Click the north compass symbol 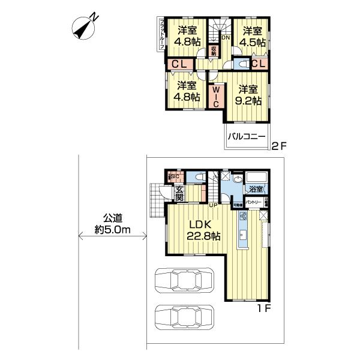point(86,26)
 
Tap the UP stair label point(213,205)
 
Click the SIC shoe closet point(174,176)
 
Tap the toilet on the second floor point(243,64)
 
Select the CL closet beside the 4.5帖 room point(259,63)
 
